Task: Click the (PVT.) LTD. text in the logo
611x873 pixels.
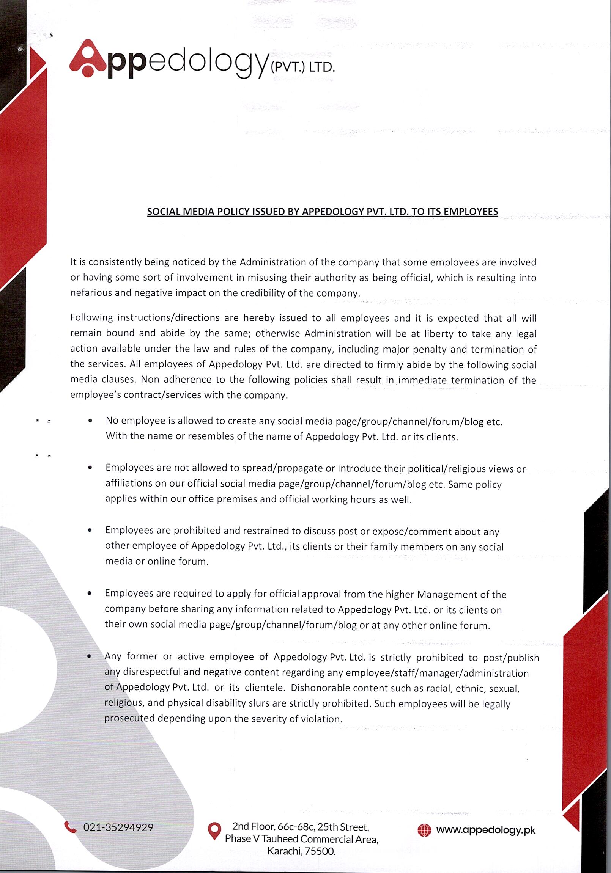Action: (x=302, y=67)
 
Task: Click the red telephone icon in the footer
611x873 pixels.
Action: (x=70, y=827)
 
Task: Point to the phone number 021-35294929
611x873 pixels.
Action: (x=118, y=827)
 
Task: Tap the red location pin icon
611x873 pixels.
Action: (x=214, y=831)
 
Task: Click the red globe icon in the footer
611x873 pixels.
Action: (x=424, y=831)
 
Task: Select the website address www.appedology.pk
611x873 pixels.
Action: (x=485, y=830)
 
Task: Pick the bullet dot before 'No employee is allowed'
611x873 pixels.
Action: (x=90, y=421)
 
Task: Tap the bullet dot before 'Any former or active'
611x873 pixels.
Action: (x=89, y=656)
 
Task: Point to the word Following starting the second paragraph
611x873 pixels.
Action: (x=92, y=317)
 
